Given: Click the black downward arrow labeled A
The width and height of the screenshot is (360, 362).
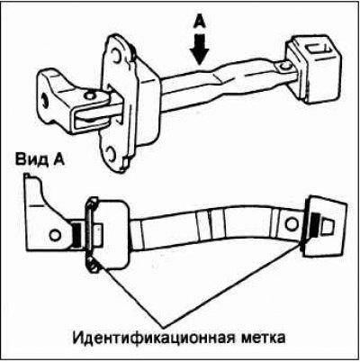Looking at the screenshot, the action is [x=199, y=50].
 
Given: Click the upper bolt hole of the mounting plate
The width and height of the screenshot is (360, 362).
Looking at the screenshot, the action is [x=114, y=54].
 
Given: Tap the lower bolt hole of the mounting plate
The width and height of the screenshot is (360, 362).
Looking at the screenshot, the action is [x=111, y=153].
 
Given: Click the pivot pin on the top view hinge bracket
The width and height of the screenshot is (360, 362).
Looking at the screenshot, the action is [x=89, y=95].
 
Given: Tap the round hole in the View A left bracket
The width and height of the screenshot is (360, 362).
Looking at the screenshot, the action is [x=54, y=235].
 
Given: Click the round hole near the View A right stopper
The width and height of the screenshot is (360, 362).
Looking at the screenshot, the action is [x=292, y=224].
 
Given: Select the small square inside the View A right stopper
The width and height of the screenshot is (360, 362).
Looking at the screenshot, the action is [x=328, y=226].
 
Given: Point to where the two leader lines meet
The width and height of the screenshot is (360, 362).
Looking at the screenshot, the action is [x=161, y=326].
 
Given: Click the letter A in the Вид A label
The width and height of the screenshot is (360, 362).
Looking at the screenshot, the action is [x=58, y=158].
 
